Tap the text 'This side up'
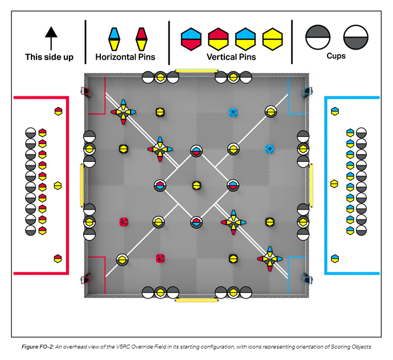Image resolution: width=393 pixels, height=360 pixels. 49,57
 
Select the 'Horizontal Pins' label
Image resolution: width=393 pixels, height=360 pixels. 125,57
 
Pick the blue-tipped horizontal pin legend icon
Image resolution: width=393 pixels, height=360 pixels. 114,38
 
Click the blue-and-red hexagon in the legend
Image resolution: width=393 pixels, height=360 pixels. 191,38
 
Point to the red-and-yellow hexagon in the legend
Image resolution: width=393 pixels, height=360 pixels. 218,38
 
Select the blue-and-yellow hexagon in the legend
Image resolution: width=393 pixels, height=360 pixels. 245,38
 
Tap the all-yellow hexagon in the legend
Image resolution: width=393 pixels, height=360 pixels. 273,38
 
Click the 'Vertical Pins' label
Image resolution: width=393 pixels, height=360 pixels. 232,57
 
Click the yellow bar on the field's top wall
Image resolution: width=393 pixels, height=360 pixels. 197,71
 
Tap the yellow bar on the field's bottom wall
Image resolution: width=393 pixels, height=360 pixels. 197,300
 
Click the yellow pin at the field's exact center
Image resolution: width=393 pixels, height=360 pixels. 197,185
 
